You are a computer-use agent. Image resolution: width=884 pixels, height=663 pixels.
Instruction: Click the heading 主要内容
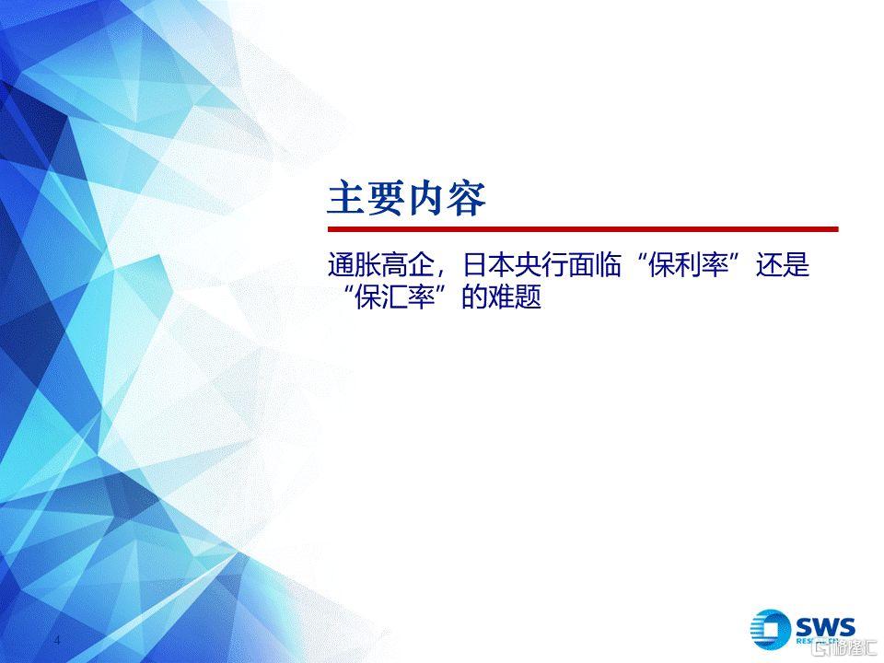(406, 199)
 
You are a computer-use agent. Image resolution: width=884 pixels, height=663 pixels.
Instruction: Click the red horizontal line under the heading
(583, 229)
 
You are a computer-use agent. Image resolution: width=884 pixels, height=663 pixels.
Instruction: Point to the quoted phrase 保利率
(689, 265)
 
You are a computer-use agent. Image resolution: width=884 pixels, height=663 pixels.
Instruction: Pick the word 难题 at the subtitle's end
(514, 297)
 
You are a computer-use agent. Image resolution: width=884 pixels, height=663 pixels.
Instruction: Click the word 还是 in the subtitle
(783, 265)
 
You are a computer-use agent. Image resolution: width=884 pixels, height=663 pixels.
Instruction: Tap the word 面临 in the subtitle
(594, 265)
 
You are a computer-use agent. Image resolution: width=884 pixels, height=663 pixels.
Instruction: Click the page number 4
(57, 641)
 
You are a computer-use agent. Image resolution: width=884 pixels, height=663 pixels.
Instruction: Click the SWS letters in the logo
(825, 627)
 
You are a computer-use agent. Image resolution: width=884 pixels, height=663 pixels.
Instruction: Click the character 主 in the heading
(345, 199)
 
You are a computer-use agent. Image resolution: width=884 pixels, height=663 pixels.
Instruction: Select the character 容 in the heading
(466, 199)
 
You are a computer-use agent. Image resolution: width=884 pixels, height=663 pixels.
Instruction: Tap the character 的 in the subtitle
(475, 297)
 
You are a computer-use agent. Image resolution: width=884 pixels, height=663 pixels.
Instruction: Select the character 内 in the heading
(425, 199)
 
